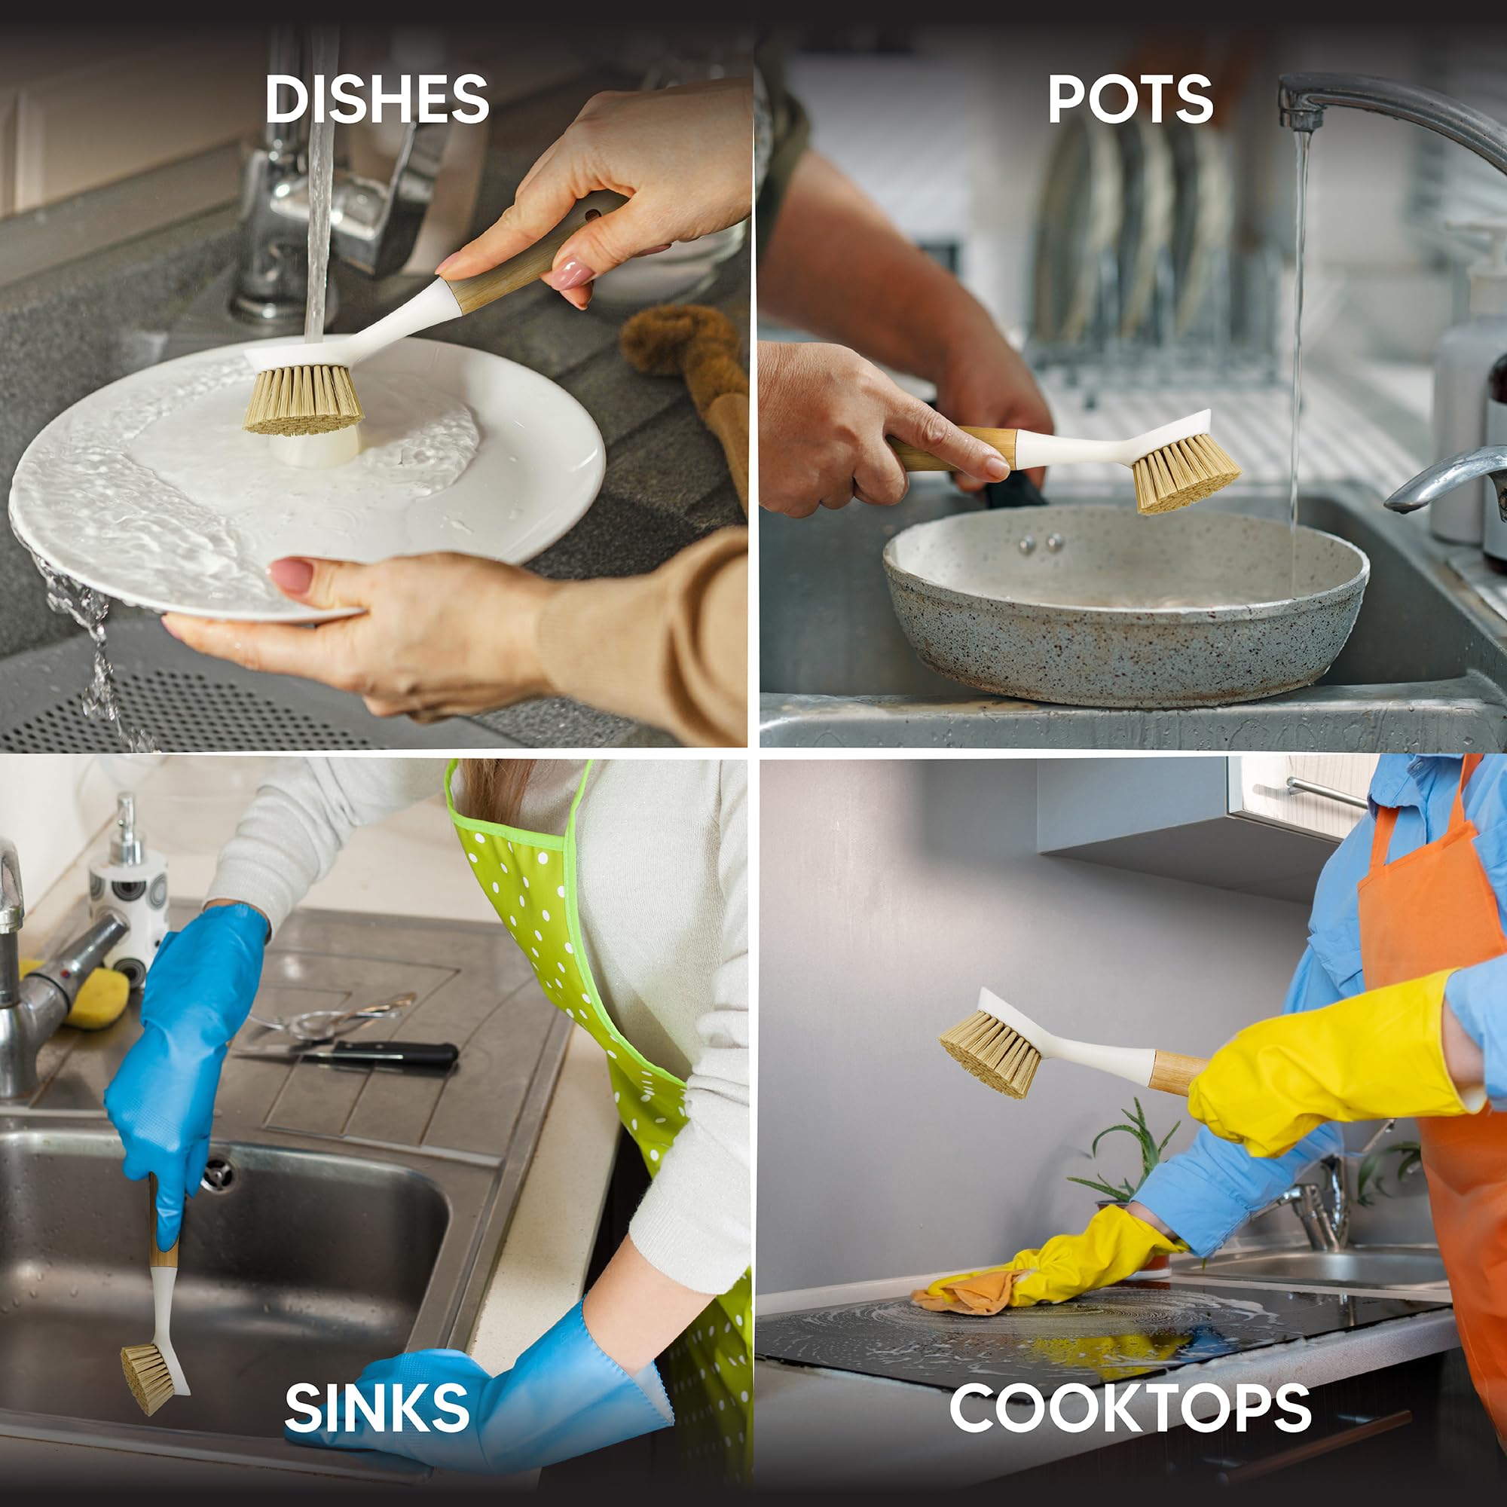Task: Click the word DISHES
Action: pyautogui.click(x=377, y=99)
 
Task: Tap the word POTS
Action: pyautogui.click(x=1129, y=99)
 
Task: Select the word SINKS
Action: pyautogui.click(x=377, y=1408)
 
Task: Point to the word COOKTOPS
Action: pyautogui.click(x=1130, y=1408)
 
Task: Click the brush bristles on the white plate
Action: pyautogui.click(x=303, y=399)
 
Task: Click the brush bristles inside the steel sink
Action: pyautogui.click(x=148, y=1378)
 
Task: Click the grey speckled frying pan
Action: pyautogui.click(x=1126, y=601)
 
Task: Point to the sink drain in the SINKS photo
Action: pyautogui.click(x=219, y=1174)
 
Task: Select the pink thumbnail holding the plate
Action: pyautogui.click(x=290, y=574)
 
